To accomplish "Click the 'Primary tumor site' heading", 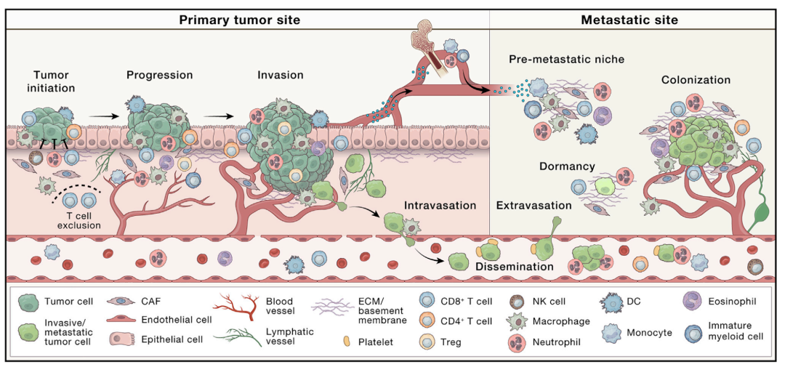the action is click(x=240, y=20).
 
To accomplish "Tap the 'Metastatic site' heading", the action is click(x=629, y=20).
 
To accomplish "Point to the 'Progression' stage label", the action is click(x=160, y=75).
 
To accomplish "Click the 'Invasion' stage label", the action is click(x=281, y=75).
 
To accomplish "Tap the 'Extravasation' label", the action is click(x=534, y=205).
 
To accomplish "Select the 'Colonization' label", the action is click(x=696, y=80).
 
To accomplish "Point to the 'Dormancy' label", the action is click(x=567, y=166).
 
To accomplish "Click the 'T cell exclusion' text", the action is click(x=79, y=220).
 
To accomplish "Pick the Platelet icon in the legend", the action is click(x=347, y=342).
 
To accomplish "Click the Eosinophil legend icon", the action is click(x=693, y=302).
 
